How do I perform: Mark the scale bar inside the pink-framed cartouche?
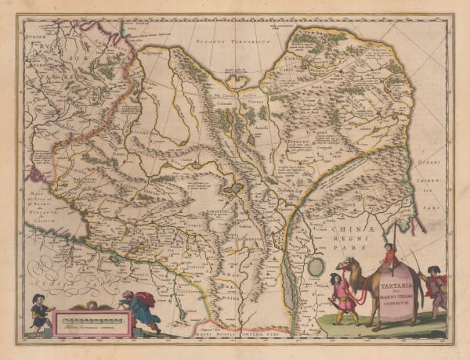pyautogui.click(x=88, y=321)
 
